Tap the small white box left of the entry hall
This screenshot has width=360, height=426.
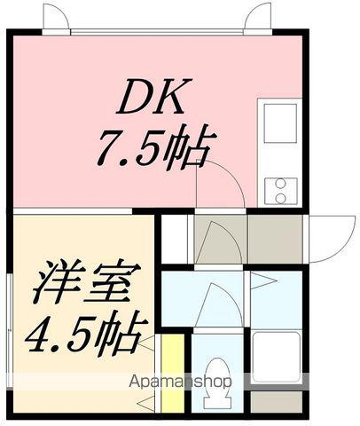pyautogui.click(x=175, y=238)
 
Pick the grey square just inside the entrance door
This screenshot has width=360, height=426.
pyautogui.click(x=275, y=237)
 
